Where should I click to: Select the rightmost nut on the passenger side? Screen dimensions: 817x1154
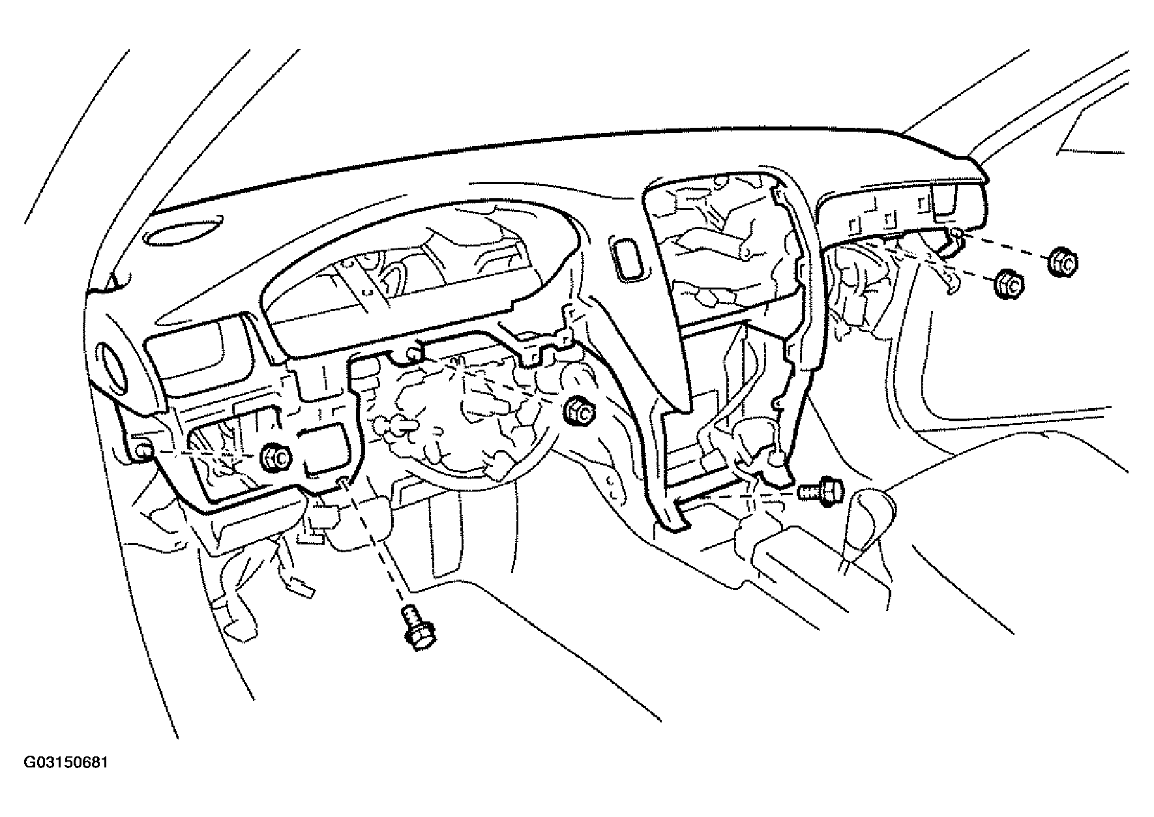coord(1063,263)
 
